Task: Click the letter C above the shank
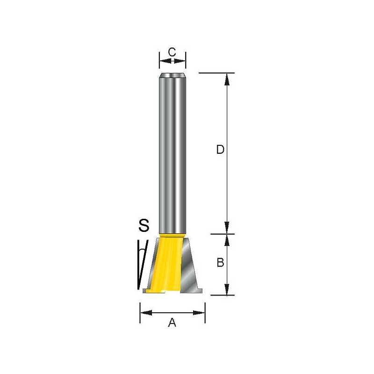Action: [172, 52]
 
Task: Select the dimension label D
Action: [220, 150]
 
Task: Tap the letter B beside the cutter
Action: [220, 263]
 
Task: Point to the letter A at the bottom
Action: [172, 322]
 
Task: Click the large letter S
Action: [144, 226]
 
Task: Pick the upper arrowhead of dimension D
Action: [227, 79]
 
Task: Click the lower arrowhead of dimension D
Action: [227, 228]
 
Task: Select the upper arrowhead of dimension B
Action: [227, 240]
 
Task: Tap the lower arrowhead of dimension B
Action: [227, 290]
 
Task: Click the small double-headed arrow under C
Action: [172, 61]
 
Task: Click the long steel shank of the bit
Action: [172, 154]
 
